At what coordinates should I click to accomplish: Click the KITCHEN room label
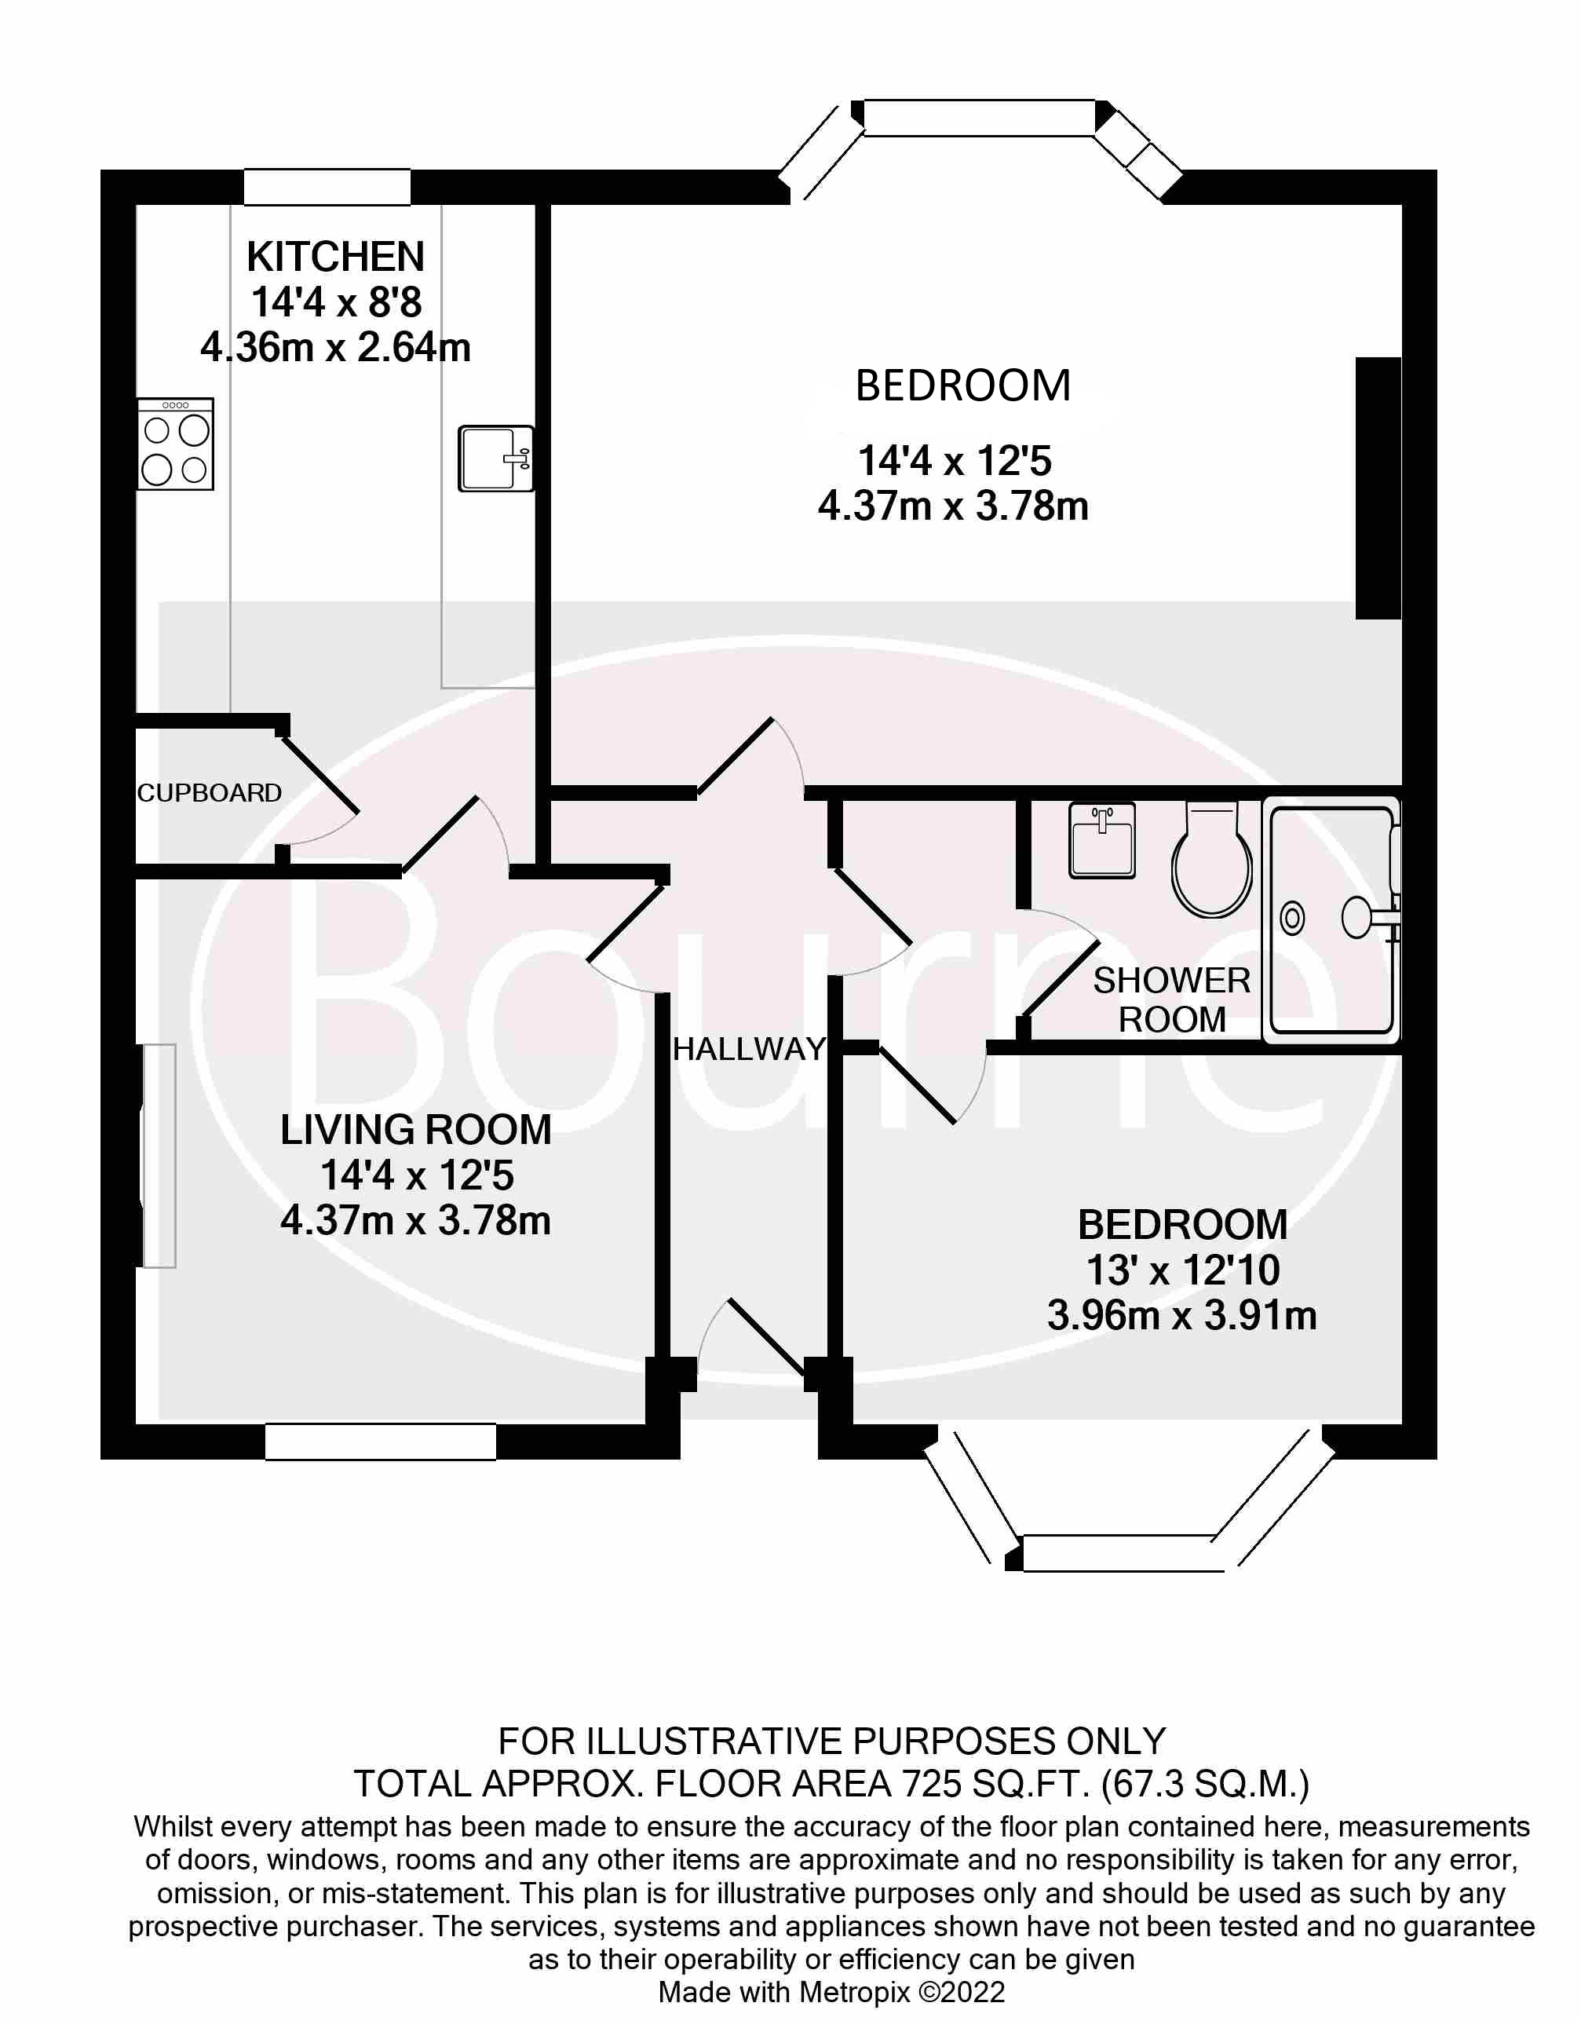(335, 257)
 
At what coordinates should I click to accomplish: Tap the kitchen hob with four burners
(176, 444)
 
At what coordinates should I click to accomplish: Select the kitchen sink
(496, 459)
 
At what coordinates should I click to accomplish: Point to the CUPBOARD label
(209, 792)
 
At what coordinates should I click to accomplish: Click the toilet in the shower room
(1212, 861)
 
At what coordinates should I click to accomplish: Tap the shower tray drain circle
(1292, 919)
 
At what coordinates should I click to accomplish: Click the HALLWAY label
(749, 1049)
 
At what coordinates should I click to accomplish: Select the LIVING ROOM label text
(415, 1130)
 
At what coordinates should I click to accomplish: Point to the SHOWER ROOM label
(1172, 1000)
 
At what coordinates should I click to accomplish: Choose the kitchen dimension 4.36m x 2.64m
(335, 348)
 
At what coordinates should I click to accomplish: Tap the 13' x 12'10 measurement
(1182, 1270)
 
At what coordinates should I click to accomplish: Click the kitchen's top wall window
(327, 187)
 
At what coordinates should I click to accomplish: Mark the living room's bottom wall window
(381, 1442)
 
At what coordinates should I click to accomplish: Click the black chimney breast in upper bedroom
(1378, 488)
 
